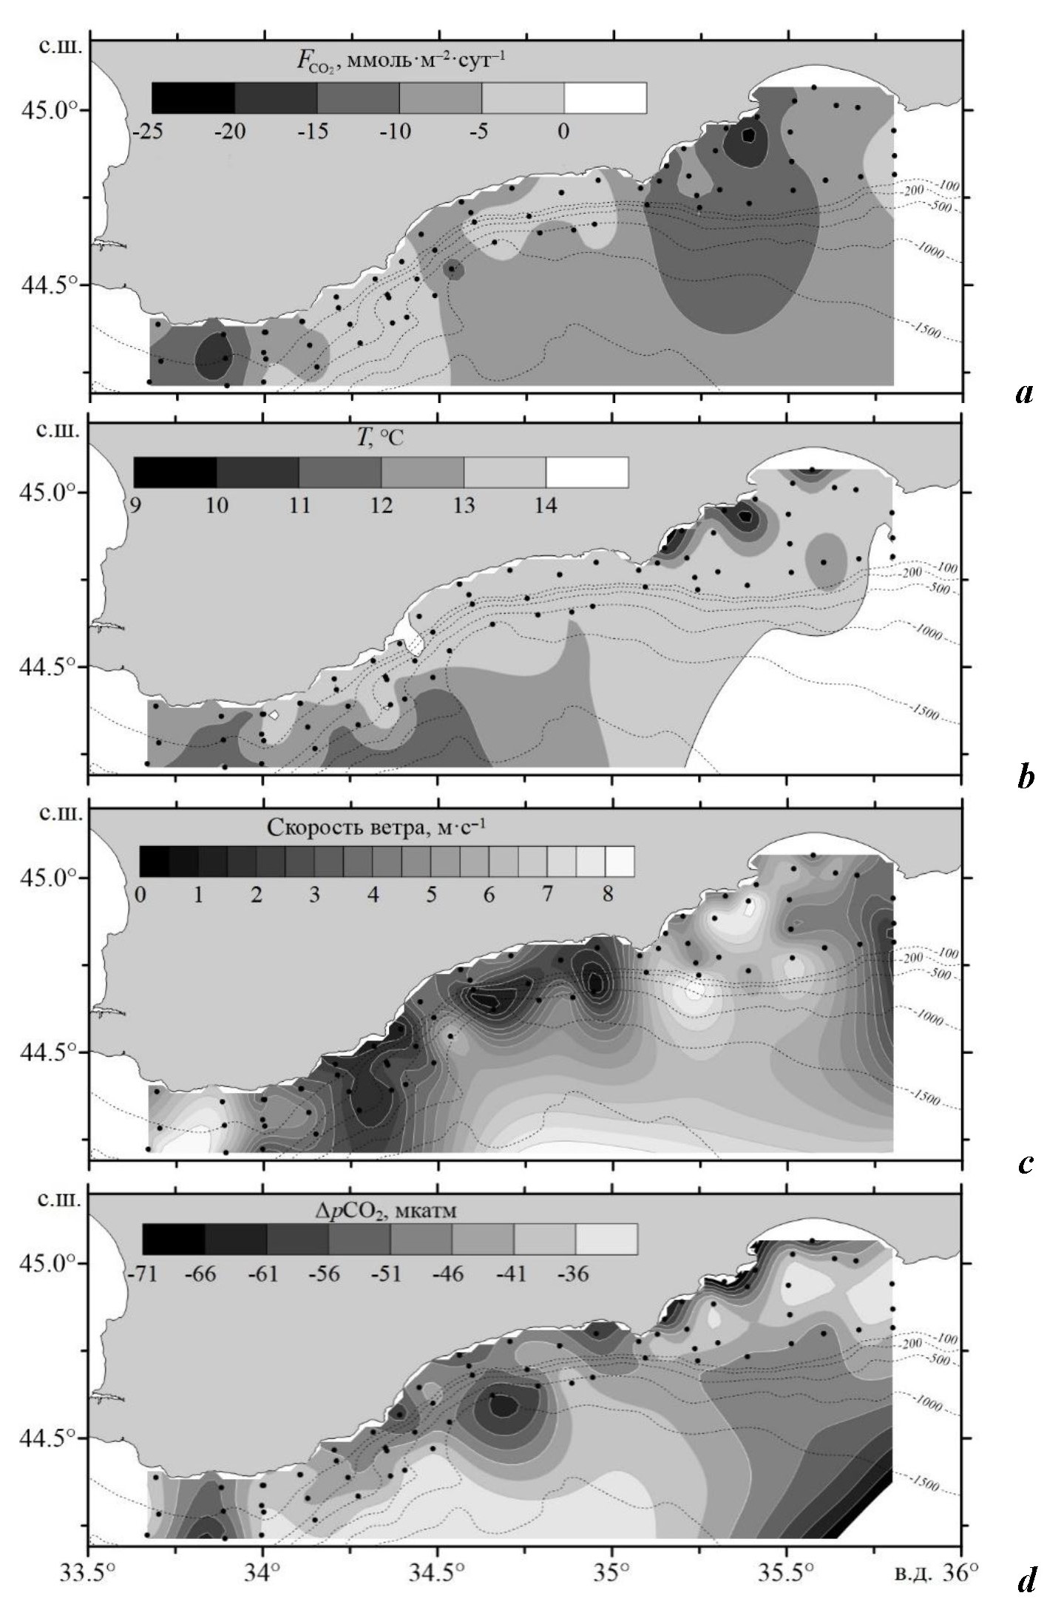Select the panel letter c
point(1025,1163)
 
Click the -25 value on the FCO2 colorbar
point(149,132)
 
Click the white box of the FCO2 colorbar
point(605,98)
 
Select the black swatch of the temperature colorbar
point(175,473)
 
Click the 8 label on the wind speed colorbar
point(607,895)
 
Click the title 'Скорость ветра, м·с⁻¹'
point(376,828)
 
